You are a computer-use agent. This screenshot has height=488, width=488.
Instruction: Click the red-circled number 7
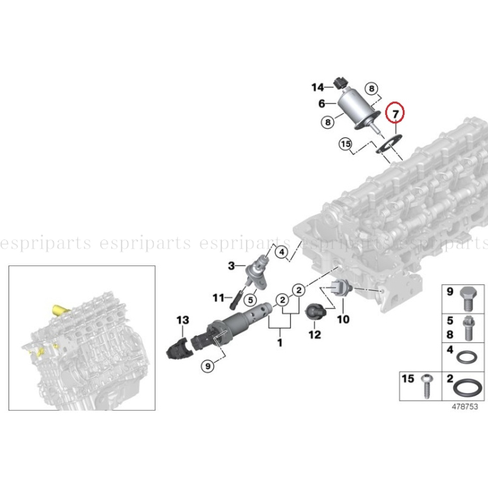395,114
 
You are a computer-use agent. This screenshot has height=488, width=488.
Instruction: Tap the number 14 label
318,87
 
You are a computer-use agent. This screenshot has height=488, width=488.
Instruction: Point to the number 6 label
321,104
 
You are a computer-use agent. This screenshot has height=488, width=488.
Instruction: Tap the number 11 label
218,298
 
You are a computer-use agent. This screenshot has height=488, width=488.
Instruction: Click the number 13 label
182,319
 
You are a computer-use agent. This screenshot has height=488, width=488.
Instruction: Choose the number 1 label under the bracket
280,342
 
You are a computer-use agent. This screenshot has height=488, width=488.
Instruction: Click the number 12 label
315,335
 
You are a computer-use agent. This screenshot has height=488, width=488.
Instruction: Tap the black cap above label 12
316,312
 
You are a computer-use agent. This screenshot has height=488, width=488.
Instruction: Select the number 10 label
343,319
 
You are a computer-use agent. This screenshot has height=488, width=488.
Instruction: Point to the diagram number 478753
465,407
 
